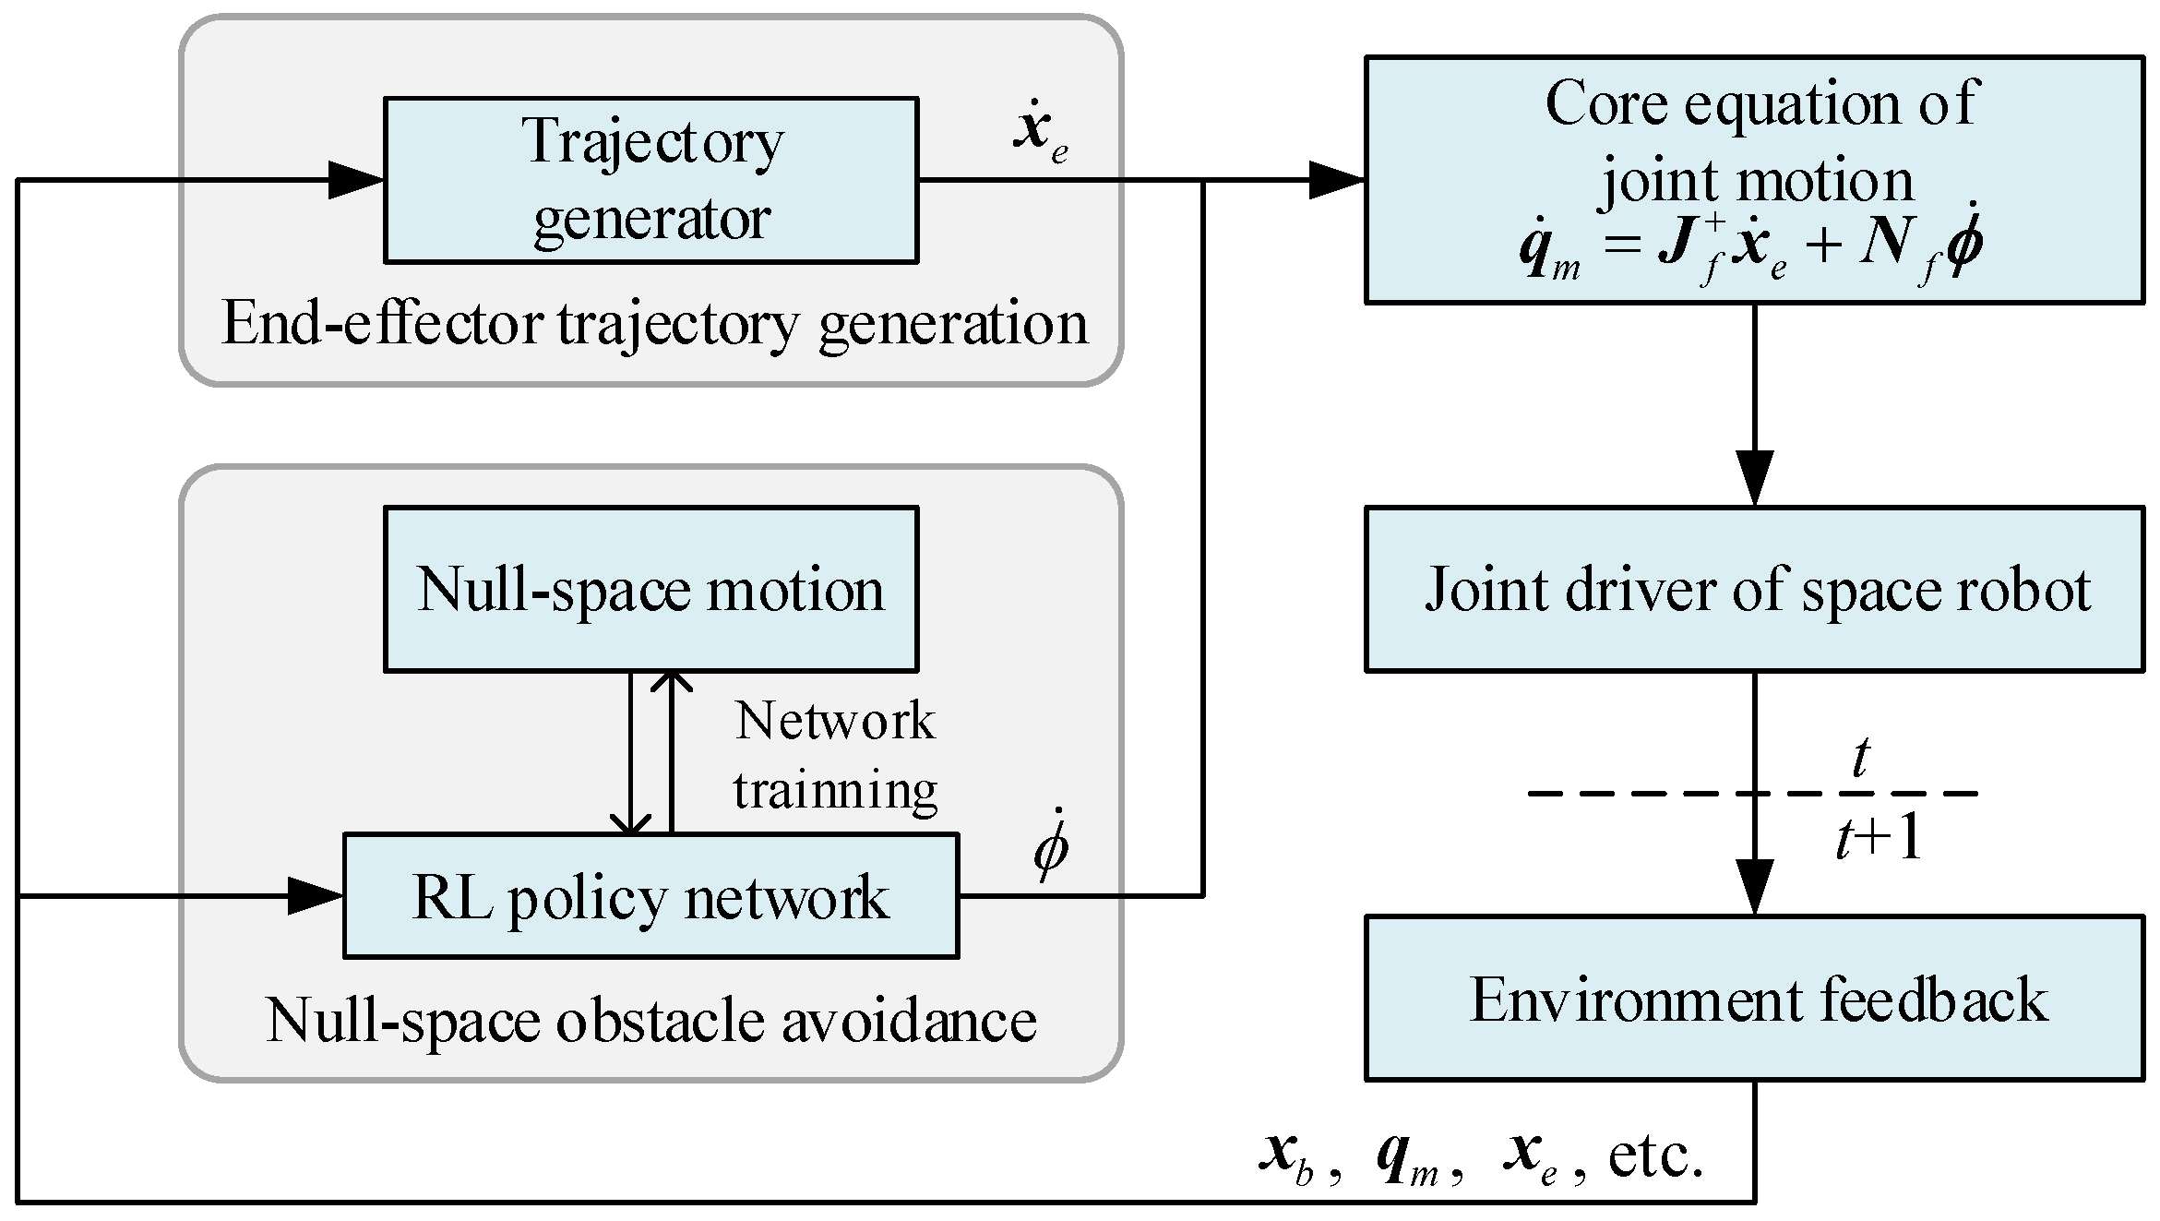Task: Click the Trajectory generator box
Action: (650, 180)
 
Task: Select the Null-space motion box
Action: (650, 589)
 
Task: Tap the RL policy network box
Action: (650, 896)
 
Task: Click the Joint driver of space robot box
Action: (1753, 589)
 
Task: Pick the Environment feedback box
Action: (1753, 999)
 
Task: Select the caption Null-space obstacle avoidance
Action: (650, 1021)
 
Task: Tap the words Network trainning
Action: (835, 755)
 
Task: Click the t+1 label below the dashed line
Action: (1879, 838)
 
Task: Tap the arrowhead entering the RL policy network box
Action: (316, 896)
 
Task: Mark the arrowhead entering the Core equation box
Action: (1338, 180)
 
